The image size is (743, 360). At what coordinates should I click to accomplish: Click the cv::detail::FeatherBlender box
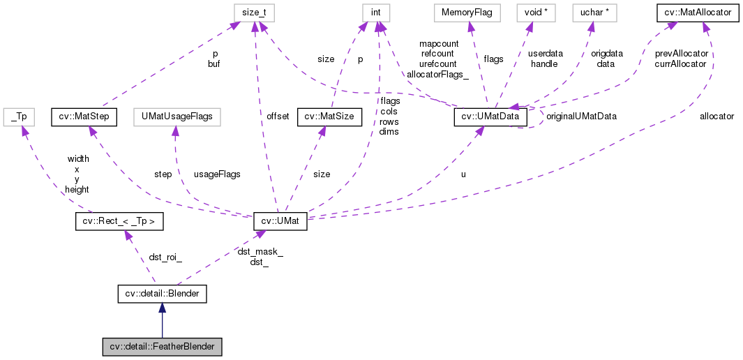162,347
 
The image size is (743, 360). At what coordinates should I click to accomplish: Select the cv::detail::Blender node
162,294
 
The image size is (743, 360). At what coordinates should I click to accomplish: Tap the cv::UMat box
279,222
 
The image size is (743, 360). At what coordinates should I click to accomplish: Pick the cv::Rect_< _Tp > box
119,222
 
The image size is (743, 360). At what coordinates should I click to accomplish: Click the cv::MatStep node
83,116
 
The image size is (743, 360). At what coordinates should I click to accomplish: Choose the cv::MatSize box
329,116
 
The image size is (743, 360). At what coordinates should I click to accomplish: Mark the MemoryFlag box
465,13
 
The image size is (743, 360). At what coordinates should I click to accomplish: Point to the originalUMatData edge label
581,116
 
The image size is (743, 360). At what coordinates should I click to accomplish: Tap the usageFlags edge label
217,174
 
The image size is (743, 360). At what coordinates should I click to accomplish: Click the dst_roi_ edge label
165,257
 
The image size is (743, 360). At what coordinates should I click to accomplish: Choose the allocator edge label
716,117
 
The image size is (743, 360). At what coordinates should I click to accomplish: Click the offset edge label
277,117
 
